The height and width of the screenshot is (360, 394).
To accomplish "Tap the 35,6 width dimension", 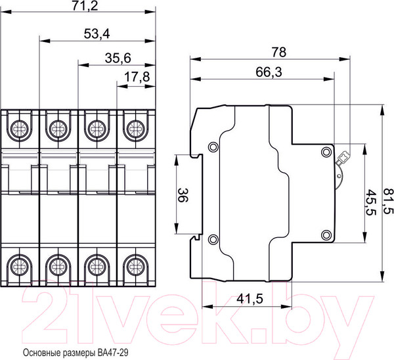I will (118, 58).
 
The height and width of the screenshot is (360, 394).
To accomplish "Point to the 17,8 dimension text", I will (137, 77).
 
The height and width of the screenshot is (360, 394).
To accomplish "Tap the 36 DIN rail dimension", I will (183, 195).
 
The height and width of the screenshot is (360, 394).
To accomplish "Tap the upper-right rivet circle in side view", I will (326, 152).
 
